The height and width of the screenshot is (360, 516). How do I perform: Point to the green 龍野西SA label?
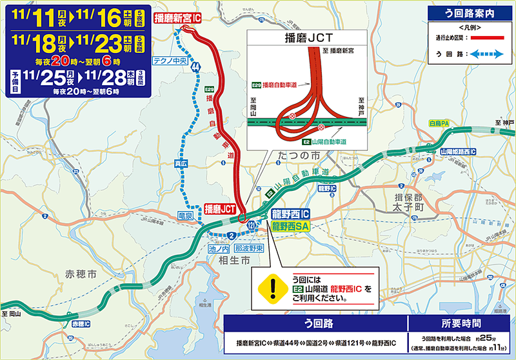pos(291,226)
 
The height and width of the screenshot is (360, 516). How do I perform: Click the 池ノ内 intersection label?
pos(219,248)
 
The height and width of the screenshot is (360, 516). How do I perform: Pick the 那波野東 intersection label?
pos(248,248)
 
